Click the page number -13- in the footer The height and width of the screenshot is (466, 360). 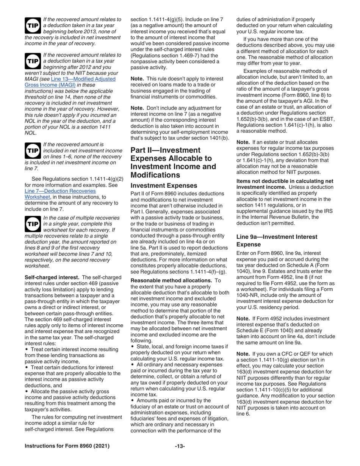click(180, 446)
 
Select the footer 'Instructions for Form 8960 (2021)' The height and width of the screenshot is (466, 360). click(67, 446)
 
